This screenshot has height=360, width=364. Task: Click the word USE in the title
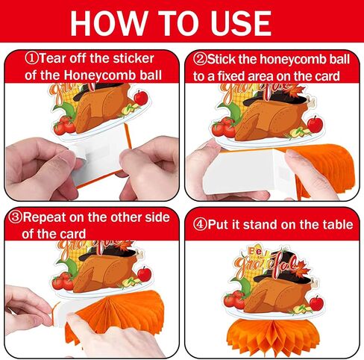(241, 23)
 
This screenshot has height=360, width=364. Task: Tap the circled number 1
(32, 59)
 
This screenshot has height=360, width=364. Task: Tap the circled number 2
(199, 60)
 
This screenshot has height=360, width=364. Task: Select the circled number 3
(15, 217)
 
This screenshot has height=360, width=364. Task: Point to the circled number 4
(200, 225)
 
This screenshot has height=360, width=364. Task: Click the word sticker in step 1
(134, 58)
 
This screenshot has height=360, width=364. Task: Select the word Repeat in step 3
(44, 217)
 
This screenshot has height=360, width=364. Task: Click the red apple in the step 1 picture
(141, 97)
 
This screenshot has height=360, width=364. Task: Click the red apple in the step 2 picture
(315, 124)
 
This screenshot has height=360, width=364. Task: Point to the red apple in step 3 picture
(144, 274)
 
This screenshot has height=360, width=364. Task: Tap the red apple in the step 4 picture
(316, 303)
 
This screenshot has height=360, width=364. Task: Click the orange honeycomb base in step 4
(273, 337)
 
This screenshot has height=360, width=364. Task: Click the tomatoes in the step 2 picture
(224, 128)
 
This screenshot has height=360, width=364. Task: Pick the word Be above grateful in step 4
(254, 252)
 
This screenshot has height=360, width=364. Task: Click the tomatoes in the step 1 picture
(64, 125)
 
